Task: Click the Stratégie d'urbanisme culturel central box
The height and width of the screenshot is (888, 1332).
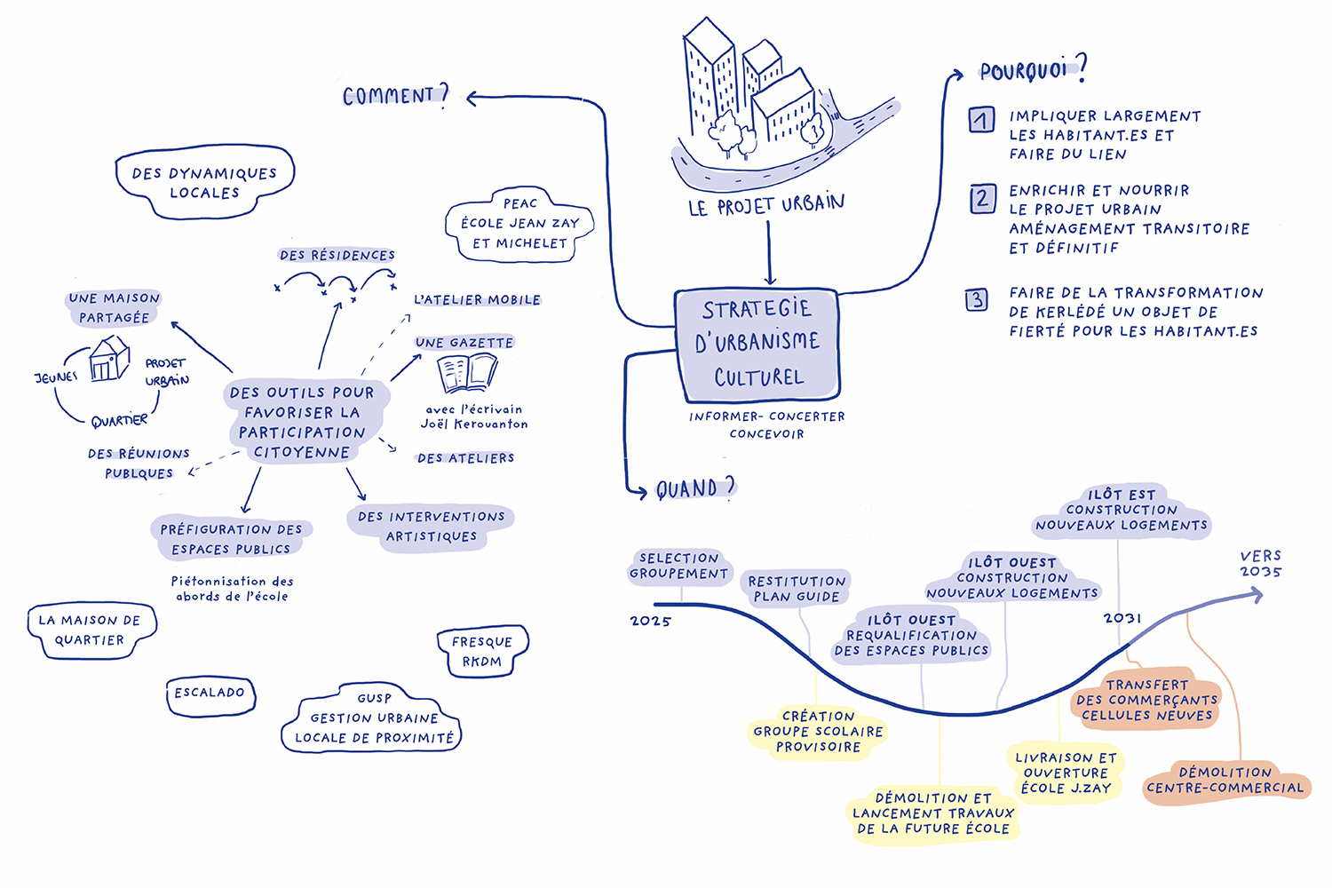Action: click(757, 344)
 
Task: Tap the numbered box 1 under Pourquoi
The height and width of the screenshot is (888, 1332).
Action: click(981, 120)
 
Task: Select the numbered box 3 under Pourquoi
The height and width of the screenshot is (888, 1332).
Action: click(977, 300)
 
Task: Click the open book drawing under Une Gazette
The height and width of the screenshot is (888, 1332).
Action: click(467, 374)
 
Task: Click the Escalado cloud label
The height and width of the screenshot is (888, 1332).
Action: click(210, 694)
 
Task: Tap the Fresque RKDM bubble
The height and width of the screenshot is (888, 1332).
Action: click(482, 652)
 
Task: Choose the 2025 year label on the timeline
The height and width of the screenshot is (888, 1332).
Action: click(651, 621)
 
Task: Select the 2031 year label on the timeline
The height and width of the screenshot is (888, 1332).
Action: click(1122, 618)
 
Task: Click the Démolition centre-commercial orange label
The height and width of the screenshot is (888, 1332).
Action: click(1225, 781)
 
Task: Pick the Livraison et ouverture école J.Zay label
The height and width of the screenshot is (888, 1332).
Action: click(1066, 773)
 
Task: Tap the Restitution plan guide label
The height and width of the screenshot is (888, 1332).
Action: click(797, 589)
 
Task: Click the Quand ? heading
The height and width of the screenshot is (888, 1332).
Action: click(695, 488)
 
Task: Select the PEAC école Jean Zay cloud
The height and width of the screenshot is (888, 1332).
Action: click(519, 224)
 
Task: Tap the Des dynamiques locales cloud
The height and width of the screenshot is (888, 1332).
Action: click(204, 183)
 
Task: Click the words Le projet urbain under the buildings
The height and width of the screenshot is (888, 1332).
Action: click(766, 205)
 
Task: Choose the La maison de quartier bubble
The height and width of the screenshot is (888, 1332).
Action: click(90, 630)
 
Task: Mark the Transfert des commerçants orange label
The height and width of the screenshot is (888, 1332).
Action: click(1146, 700)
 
